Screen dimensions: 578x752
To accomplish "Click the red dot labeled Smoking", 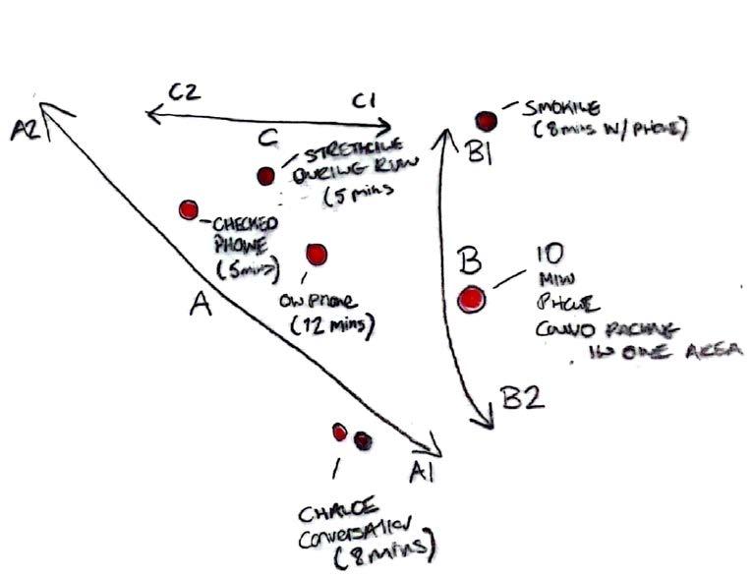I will point(486,121).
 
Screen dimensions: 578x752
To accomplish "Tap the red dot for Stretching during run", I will point(265,176).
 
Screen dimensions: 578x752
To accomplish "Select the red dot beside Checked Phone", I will point(189,209).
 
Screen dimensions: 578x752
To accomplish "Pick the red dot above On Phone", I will point(316,254).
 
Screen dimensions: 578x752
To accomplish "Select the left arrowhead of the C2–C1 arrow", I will point(150,115).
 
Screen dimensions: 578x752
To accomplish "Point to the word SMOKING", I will point(557,107).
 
